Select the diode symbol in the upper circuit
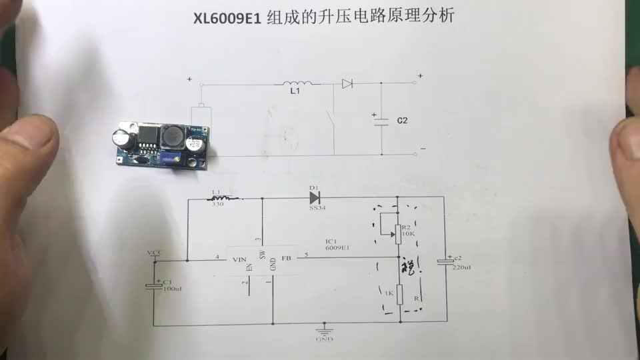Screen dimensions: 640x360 [x=347, y=84]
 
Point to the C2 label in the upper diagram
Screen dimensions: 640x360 [x=402, y=121]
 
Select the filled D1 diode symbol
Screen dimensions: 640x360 [x=314, y=197]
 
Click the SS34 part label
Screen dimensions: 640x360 [x=317, y=208]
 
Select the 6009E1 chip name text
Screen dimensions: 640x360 [x=338, y=247]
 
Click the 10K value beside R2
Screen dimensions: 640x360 [x=408, y=234]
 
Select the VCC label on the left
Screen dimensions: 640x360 [x=154, y=253]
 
